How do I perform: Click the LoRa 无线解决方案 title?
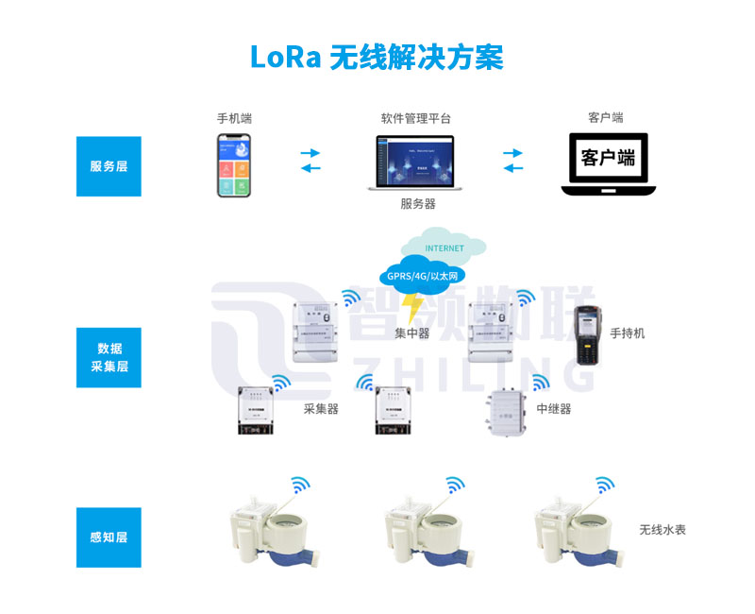377,56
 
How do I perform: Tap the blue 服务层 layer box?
109,166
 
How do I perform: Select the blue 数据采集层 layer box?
109,358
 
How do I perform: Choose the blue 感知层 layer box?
109,537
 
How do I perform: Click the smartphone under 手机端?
234,165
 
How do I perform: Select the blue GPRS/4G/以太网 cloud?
422,275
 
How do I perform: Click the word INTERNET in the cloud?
445,248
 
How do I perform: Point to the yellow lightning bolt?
411,306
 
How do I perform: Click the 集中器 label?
412,333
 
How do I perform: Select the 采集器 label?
321,409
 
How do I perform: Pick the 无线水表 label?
663,530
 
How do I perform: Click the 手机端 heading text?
234,119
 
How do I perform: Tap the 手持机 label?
628,333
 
